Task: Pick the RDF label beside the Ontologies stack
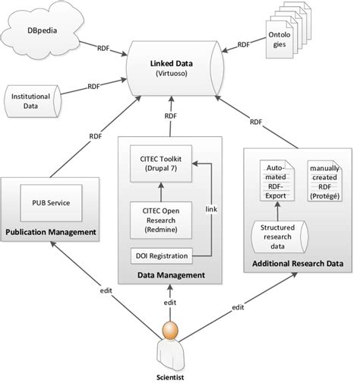tap(243, 45)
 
